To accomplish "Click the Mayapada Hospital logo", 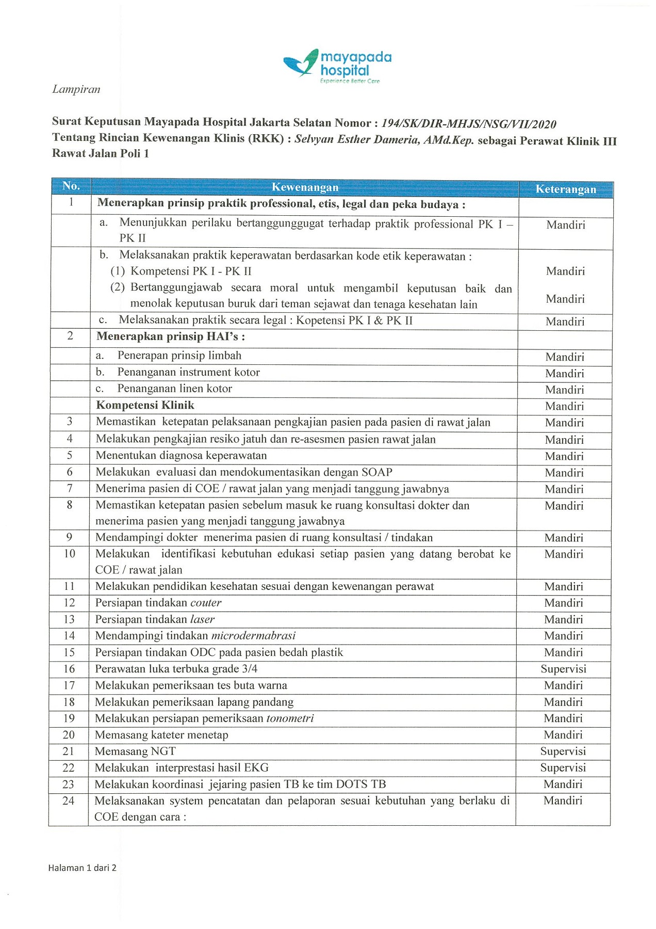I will (x=338, y=66).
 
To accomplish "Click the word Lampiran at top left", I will (x=76, y=89).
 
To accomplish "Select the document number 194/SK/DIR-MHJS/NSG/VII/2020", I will (x=468, y=124).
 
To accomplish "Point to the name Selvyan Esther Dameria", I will (x=356, y=140).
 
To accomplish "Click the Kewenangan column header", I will (x=305, y=187).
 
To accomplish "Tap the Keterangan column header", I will (x=566, y=189).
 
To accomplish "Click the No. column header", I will (x=71, y=186).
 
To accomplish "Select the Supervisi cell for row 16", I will (x=563, y=669).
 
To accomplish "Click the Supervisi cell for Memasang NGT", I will (x=563, y=751).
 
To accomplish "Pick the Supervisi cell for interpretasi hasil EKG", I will (x=563, y=767).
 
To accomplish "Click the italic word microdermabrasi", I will (x=253, y=636).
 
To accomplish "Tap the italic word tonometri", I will (x=290, y=718).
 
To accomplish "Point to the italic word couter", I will (x=206, y=603).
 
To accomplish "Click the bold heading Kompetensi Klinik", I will (x=145, y=405).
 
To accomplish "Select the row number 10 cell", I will (x=69, y=554).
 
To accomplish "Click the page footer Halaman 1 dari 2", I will (x=83, y=868).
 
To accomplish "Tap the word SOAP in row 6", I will (x=376, y=472).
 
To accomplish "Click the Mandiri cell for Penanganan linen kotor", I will (x=564, y=390).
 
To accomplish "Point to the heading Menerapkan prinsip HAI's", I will (x=170, y=337).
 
